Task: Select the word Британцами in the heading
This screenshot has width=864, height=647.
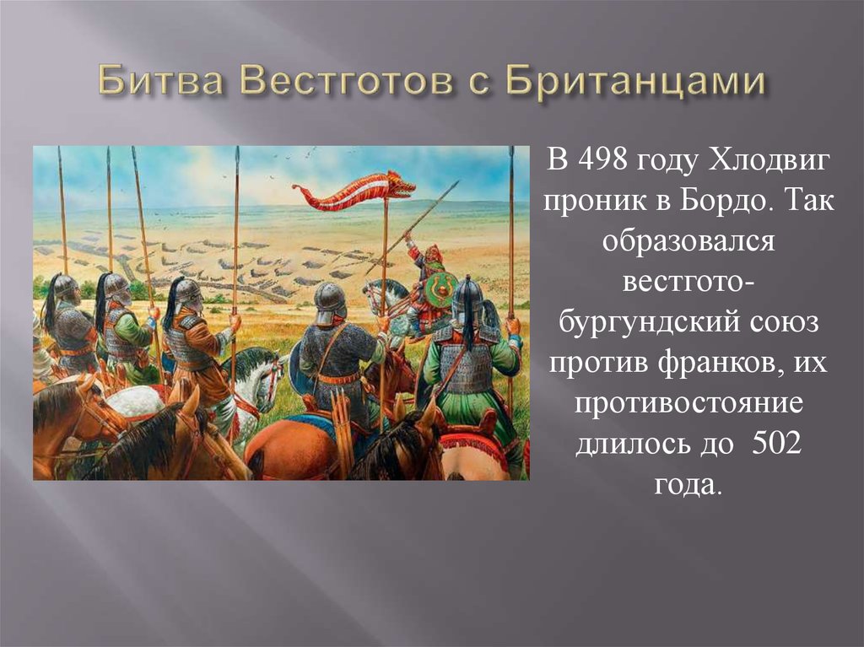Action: coord(636,83)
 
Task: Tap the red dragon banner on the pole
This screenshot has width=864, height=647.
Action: coord(354,190)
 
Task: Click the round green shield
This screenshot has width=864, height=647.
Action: coord(440,288)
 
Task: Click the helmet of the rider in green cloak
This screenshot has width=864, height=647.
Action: coord(467,295)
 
